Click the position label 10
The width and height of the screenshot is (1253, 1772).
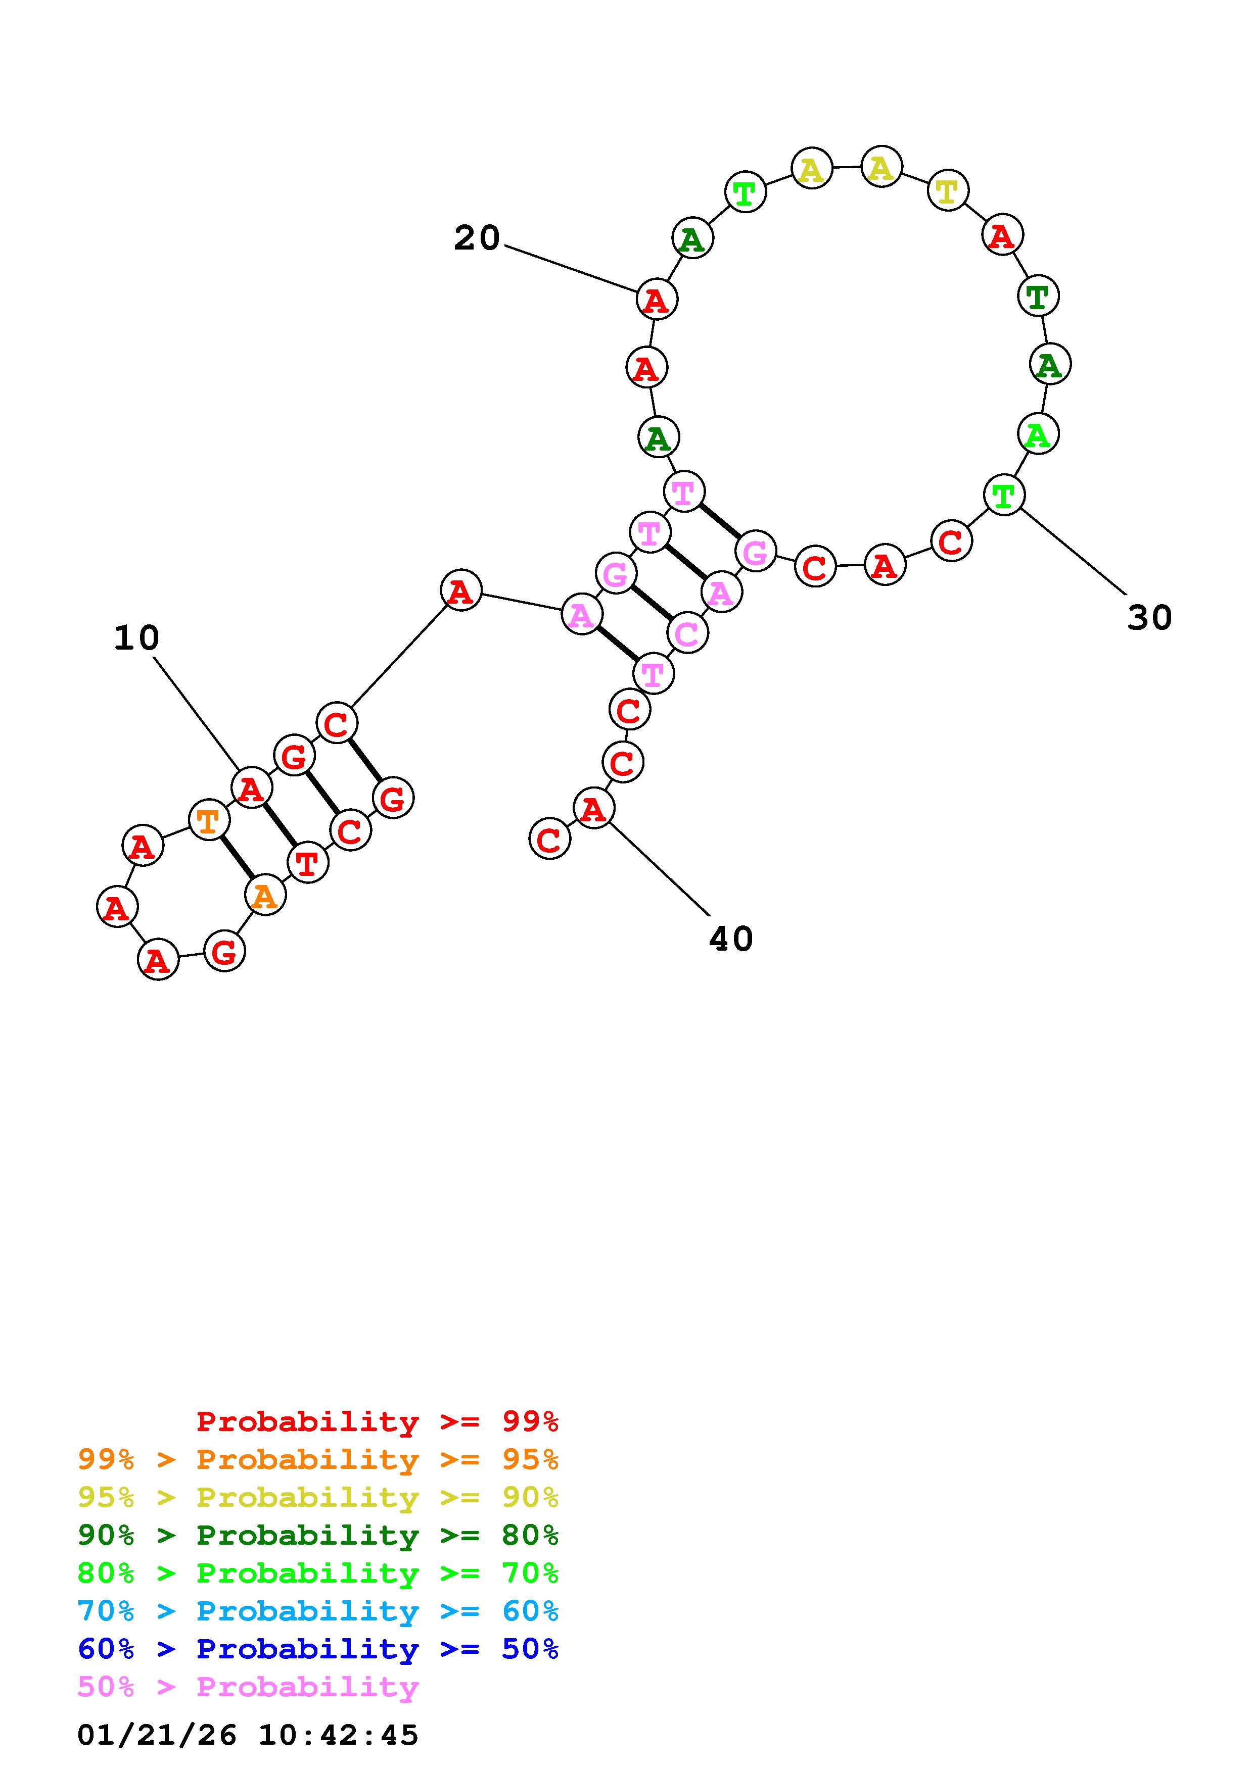(136, 638)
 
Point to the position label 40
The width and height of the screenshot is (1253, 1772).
(730, 939)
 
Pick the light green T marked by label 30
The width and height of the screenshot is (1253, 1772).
(1004, 495)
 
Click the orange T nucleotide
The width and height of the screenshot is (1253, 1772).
(208, 820)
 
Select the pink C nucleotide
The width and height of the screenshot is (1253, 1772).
(686, 633)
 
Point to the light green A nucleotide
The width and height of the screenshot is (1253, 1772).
(1038, 434)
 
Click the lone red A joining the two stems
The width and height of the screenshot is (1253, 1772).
(461, 591)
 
